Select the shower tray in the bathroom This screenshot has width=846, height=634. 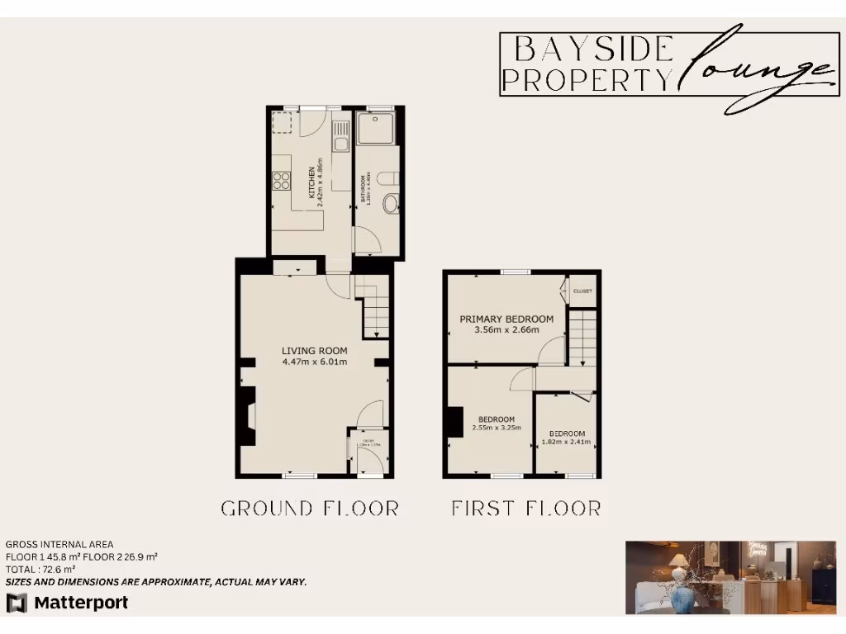378,129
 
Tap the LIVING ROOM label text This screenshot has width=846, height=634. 314,351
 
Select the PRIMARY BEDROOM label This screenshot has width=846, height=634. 506,319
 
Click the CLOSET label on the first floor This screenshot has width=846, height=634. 582,291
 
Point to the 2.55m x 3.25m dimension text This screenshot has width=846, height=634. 497,428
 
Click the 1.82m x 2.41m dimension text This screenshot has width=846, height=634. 567,442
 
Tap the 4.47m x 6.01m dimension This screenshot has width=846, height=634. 314,362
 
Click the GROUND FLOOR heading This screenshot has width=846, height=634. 310,508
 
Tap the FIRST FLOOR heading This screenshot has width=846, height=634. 525,508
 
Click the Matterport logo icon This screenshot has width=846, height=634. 17,603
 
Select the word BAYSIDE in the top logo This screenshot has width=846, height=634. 592,50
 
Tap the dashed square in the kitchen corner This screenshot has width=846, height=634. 284,123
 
